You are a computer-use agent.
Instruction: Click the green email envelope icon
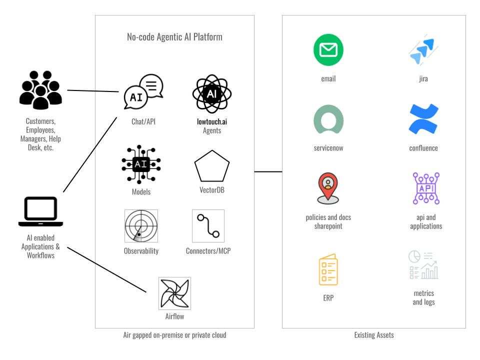click(328, 50)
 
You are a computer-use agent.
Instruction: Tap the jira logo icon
click(423, 50)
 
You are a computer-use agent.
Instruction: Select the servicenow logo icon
click(328, 119)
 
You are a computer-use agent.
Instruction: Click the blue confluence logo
click(423, 119)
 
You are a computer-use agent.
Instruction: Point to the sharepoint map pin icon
click(328, 188)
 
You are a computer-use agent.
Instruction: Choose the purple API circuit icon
click(426, 188)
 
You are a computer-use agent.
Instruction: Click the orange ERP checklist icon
click(328, 270)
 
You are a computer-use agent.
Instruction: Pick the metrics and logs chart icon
click(423, 264)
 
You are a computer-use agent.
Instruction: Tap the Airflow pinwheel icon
click(174, 293)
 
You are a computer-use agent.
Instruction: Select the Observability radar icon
click(141, 225)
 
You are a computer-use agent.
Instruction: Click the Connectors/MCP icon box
click(208, 225)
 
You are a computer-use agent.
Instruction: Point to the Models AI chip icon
click(141, 164)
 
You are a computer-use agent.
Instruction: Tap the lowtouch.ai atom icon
click(212, 93)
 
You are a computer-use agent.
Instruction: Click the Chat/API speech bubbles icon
click(143, 91)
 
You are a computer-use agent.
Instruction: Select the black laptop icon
click(41, 211)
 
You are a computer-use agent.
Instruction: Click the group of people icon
click(41, 90)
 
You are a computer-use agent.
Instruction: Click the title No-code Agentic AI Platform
click(174, 37)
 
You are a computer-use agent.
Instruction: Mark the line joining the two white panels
click(268, 171)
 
